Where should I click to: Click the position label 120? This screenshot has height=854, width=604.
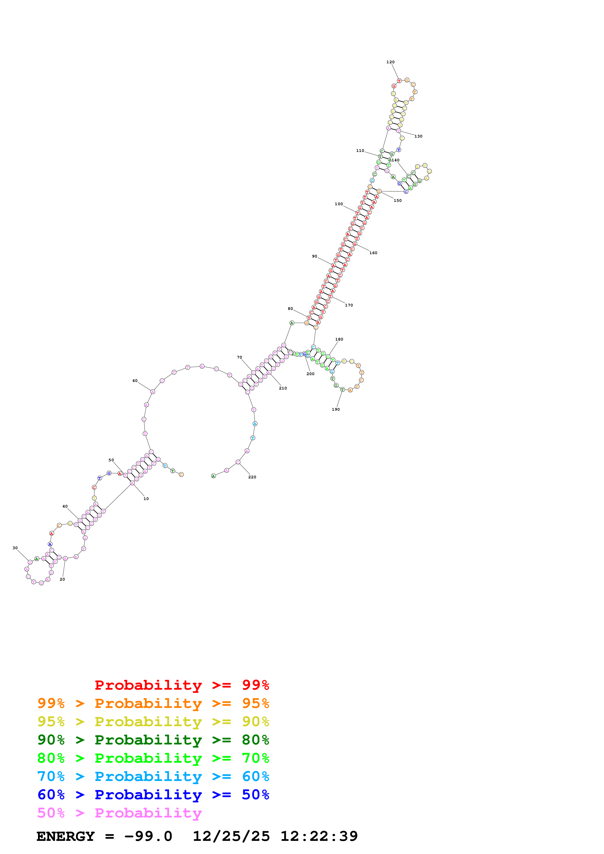point(390,62)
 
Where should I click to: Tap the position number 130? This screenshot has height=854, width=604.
point(418,136)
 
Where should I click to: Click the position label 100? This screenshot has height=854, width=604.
point(339,204)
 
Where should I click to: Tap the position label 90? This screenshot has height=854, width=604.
point(315,256)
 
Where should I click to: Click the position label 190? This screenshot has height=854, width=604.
point(336,409)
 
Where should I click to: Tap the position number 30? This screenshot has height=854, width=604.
point(15,548)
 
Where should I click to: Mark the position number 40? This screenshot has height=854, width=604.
point(65,506)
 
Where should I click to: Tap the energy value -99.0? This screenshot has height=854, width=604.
point(148,836)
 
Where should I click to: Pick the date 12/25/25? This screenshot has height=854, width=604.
point(231,836)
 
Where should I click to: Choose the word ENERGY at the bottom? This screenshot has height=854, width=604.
point(66,836)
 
